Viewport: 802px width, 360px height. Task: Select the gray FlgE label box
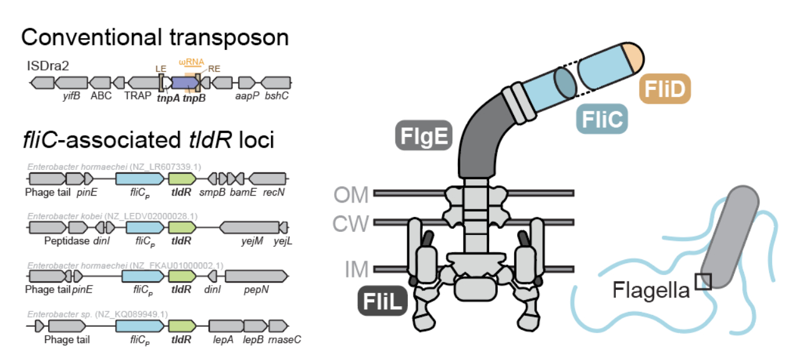[x=423, y=136]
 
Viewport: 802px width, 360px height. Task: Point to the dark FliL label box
[x=382, y=301]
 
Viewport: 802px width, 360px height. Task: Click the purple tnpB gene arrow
[x=185, y=82]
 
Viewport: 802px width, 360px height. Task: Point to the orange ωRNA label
[x=191, y=63]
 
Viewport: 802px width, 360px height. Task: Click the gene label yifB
[x=71, y=96]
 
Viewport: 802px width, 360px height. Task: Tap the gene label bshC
[x=277, y=96]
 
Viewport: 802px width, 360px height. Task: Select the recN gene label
[x=274, y=192]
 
